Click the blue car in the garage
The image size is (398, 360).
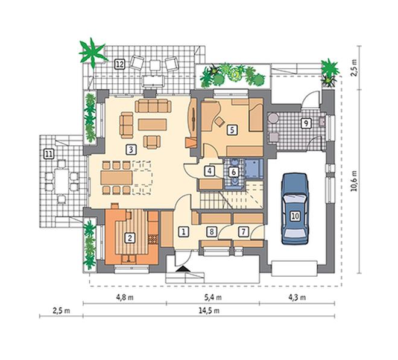[295, 209]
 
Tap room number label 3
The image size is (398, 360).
[131, 150]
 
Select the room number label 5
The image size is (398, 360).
[232, 130]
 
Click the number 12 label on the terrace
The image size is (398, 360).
[119, 64]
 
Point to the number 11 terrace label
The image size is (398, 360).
[49, 154]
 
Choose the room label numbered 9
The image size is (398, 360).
[306, 124]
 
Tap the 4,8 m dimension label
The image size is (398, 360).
[125, 297]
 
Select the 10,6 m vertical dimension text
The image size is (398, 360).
[354, 181]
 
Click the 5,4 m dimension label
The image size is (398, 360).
[213, 297]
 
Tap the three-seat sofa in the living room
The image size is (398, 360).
[153, 106]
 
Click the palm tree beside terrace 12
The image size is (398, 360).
[92, 52]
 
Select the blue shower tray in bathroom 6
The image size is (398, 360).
[253, 168]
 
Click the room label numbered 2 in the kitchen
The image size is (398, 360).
[130, 238]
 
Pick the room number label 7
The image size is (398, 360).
[243, 232]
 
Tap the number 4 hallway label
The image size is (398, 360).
[209, 171]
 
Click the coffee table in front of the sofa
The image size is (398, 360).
[153, 125]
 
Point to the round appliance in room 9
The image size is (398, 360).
[273, 118]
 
